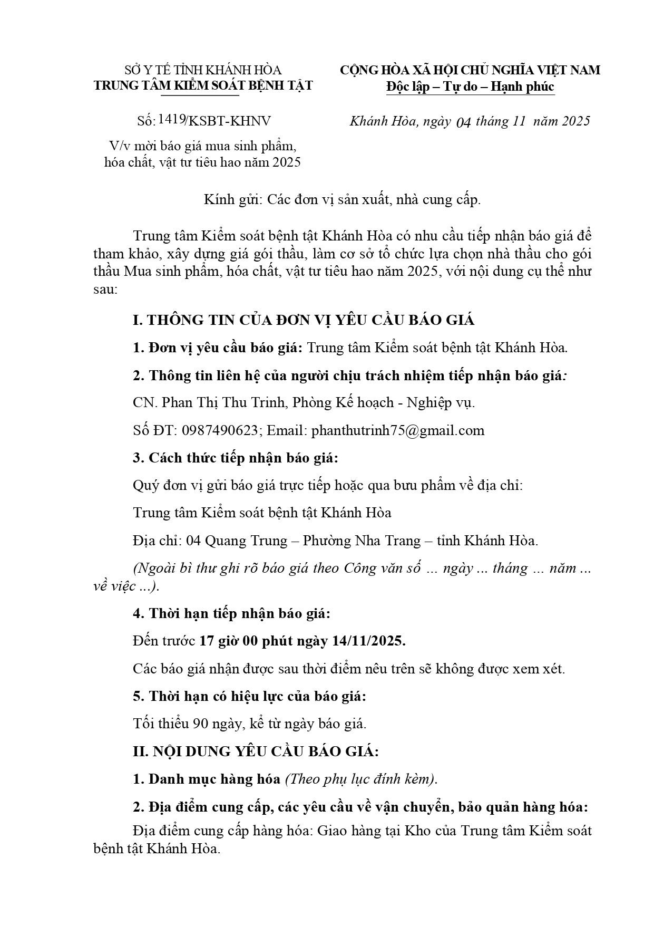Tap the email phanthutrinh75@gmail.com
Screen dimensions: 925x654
pyautogui.click(x=398, y=430)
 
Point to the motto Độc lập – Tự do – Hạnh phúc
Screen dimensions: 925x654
pyautogui.click(x=470, y=86)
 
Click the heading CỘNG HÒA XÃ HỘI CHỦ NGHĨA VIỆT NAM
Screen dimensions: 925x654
pyautogui.click(x=470, y=70)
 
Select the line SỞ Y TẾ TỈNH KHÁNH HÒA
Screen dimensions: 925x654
pyautogui.click(x=203, y=70)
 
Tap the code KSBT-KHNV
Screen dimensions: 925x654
pyautogui.click(x=229, y=121)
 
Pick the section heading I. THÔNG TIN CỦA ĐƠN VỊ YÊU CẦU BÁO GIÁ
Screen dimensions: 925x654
pyautogui.click(x=304, y=320)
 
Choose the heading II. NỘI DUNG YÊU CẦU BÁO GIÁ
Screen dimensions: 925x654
pyautogui.click(x=256, y=751)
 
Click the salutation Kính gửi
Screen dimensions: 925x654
pyautogui.click(x=232, y=200)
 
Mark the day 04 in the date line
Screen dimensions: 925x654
pyautogui.click(x=463, y=122)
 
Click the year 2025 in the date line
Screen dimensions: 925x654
pyautogui.click(x=575, y=121)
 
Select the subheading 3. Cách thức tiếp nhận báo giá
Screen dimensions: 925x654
pyautogui.click(x=236, y=458)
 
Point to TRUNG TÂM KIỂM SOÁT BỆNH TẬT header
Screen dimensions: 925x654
pyautogui.click(x=203, y=85)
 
